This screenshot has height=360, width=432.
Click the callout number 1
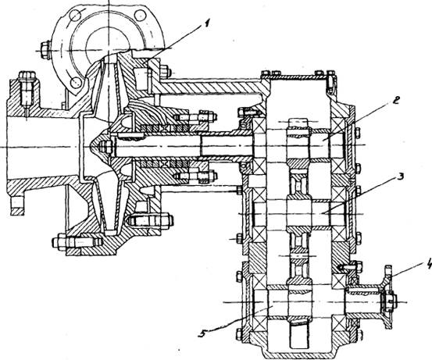coord(207,24)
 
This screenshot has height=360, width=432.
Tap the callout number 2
coord(396,101)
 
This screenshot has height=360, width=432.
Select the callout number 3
coord(399,176)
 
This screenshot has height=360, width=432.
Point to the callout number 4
coord(428,266)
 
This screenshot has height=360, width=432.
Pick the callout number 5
coord(202,333)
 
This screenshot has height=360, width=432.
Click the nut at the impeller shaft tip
coord(107,146)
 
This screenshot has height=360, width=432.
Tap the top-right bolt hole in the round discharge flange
coord(140,15)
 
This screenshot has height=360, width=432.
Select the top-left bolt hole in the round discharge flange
coord(74,14)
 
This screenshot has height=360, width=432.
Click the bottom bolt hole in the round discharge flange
coord(76,82)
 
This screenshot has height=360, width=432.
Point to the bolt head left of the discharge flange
coord(45,50)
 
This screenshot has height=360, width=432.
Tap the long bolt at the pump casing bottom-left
coord(77,243)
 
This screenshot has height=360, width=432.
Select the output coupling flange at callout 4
coord(387,297)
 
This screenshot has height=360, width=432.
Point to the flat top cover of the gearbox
coord(298,75)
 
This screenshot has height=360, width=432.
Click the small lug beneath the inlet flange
coord(17,205)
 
